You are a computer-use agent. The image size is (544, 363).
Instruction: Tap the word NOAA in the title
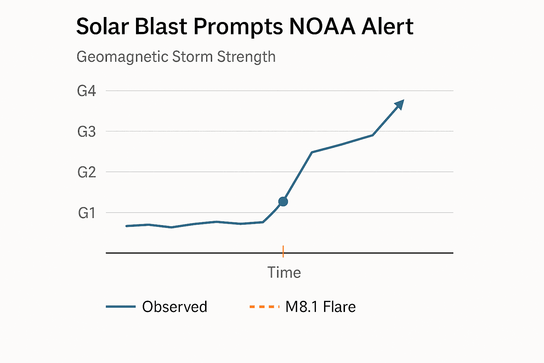tap(322, 27)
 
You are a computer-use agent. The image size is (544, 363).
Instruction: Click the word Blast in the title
tap(161, 27)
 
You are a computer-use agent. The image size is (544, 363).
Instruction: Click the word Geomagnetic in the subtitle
tap(122, 57)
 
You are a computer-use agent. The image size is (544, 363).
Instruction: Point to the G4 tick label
tap(86, 91)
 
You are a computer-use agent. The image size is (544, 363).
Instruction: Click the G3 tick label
tap(86, 132)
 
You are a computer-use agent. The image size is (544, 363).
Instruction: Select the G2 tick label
tap(86, 173)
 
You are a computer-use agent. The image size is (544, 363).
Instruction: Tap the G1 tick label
tap(86, 213)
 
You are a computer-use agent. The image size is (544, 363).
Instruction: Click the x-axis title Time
tap(284, 273)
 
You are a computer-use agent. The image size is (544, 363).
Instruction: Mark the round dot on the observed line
tap(283, 202)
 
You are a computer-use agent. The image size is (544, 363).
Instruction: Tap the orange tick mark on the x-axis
tap(283, 251)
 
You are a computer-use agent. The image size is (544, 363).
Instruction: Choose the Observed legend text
tap(175, 307)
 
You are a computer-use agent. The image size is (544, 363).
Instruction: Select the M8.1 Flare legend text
tap(321, 307)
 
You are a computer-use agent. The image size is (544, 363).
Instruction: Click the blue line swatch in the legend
tap(121, 307)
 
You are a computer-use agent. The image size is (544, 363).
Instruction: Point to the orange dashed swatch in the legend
tap(265, 307)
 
